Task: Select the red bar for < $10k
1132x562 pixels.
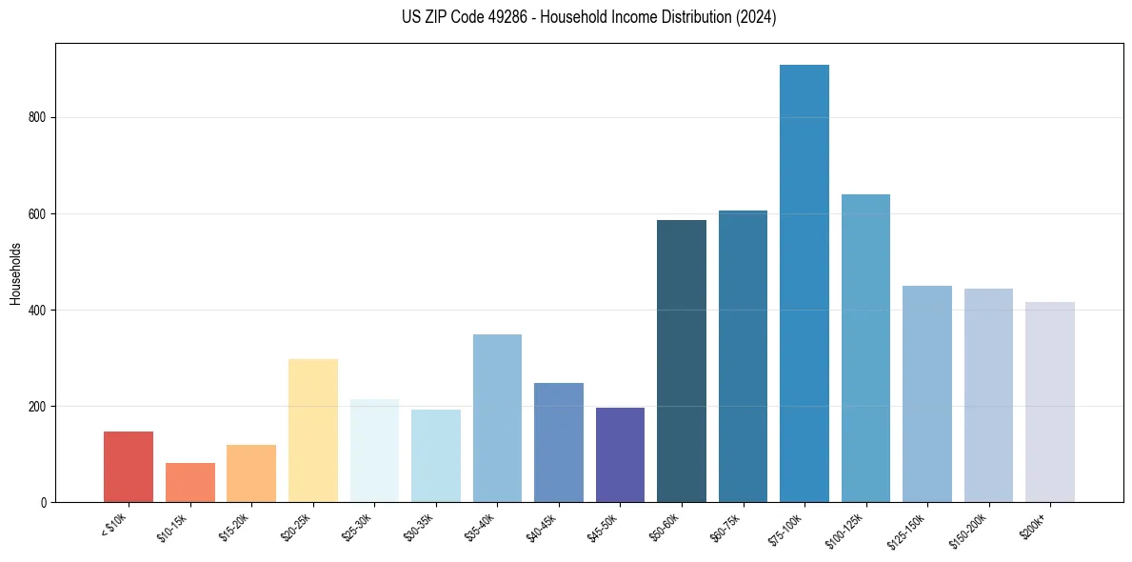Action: (129, 467)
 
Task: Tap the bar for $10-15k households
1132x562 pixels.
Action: (190, 482)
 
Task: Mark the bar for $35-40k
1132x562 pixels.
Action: (497, 418)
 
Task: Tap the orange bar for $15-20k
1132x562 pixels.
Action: (251, 473)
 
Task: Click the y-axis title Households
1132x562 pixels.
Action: (15, 272)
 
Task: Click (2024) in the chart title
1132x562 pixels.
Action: (756, 17)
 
